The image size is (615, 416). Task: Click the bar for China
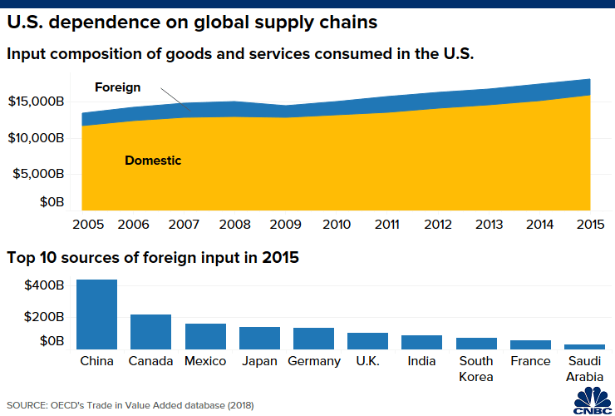96,314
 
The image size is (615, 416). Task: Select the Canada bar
150,332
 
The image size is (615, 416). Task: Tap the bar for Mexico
205,336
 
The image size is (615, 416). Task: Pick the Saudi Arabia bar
584,346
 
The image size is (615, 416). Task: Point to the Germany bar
313,339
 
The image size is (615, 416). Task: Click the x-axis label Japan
259,361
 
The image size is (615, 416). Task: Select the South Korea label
476,369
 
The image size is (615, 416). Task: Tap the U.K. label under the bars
368,361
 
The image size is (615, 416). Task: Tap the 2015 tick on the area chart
590,225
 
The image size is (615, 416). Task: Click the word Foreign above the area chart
118,87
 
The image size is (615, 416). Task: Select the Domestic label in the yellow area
153,160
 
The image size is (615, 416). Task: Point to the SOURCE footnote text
130,405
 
